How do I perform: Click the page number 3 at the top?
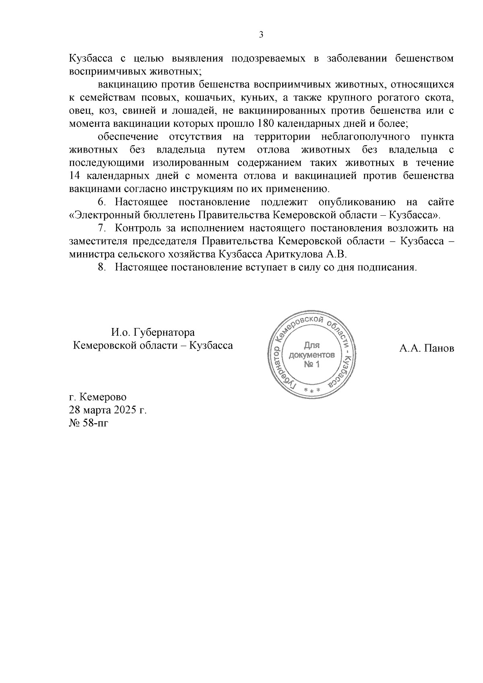[x=261, y=35]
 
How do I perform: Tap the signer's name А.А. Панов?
[x=426, y=348]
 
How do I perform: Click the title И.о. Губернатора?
[x=153, y=333]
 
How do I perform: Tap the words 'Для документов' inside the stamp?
[x=312, y=351]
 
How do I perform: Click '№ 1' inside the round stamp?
[x=312, y=365]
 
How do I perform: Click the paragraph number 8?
[x=101, y=267]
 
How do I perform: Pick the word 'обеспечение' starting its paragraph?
[x=128, y=136]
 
